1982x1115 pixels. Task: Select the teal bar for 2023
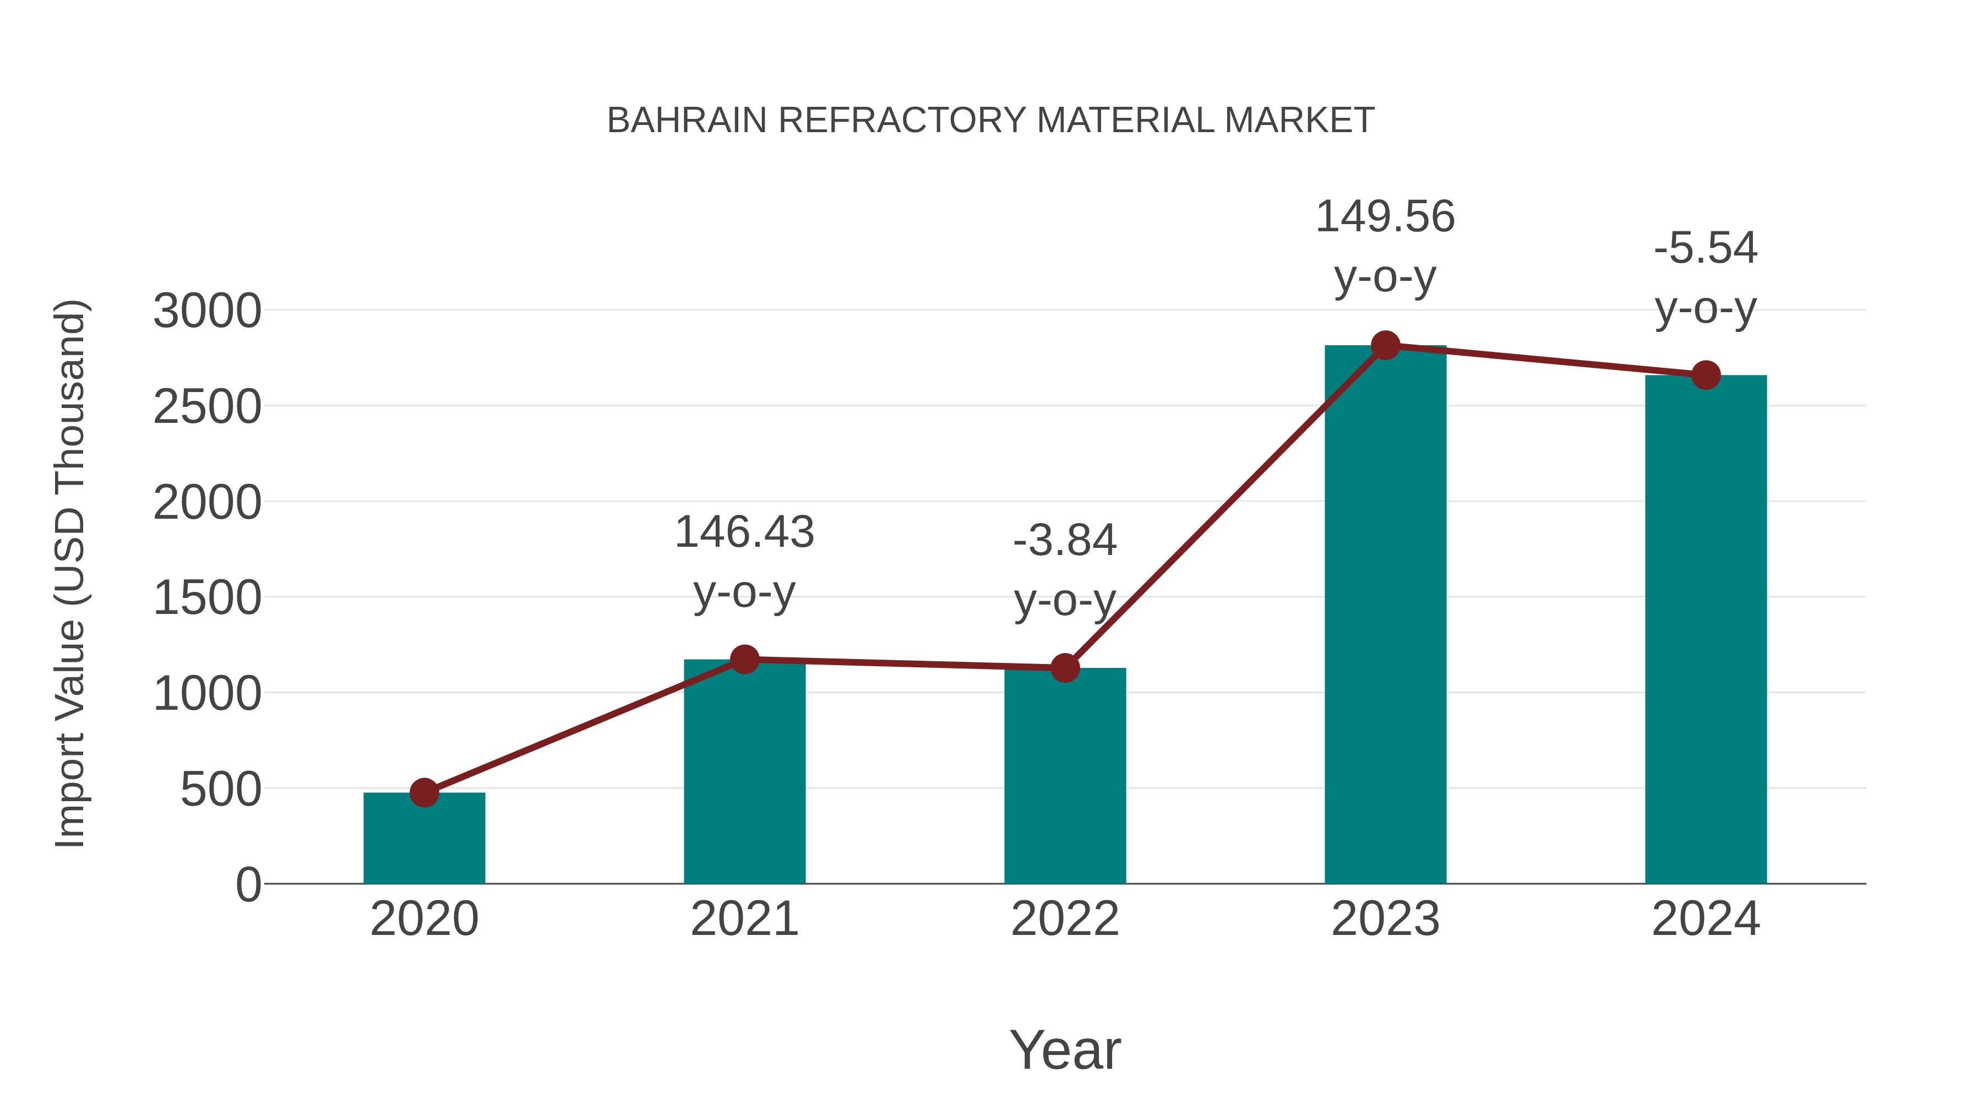coord(1385,616)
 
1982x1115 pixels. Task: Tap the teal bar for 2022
coord(1065,777)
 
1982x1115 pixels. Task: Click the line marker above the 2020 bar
coord(424,792)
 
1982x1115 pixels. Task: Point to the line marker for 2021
coord(744,660)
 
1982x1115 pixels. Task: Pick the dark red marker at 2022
coord(1065,668)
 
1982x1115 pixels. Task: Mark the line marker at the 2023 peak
coord(1385,345)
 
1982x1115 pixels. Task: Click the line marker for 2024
coord(1706,376)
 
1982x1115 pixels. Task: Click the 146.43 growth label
coord(744,532)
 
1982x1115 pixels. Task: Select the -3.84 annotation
coord(1065,540)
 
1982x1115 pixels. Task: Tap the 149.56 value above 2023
coord(1385,216)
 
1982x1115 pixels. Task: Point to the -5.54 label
coord(1706,248)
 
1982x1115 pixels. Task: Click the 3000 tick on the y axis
coord(207,312)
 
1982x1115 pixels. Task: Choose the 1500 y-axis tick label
coord(207,598)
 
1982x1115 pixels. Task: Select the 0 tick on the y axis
coord(248,885)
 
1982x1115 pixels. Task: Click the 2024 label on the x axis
coord(1706,919)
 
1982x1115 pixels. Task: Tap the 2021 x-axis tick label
coord(744,919)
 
